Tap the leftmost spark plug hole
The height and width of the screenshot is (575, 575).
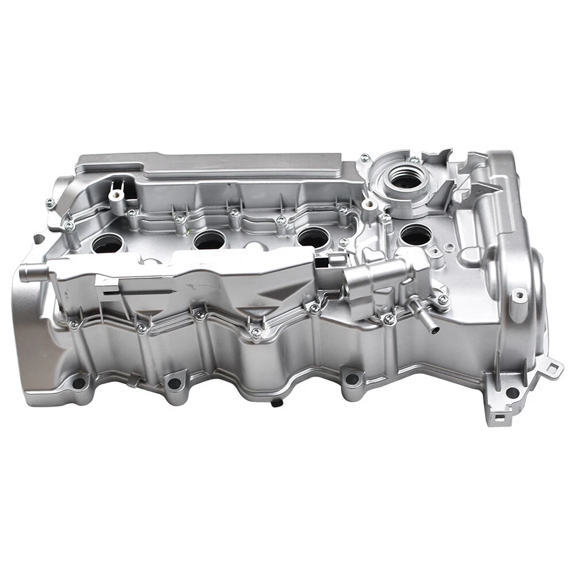108,243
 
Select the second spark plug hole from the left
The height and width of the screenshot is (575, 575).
210,240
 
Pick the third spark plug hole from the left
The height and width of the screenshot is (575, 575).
313,238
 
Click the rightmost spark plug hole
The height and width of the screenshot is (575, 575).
416,236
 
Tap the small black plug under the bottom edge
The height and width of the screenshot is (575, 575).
276,403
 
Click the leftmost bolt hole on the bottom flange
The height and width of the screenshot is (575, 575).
78,382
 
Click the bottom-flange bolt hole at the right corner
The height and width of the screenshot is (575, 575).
512,392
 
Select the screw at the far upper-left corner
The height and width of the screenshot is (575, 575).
51,202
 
